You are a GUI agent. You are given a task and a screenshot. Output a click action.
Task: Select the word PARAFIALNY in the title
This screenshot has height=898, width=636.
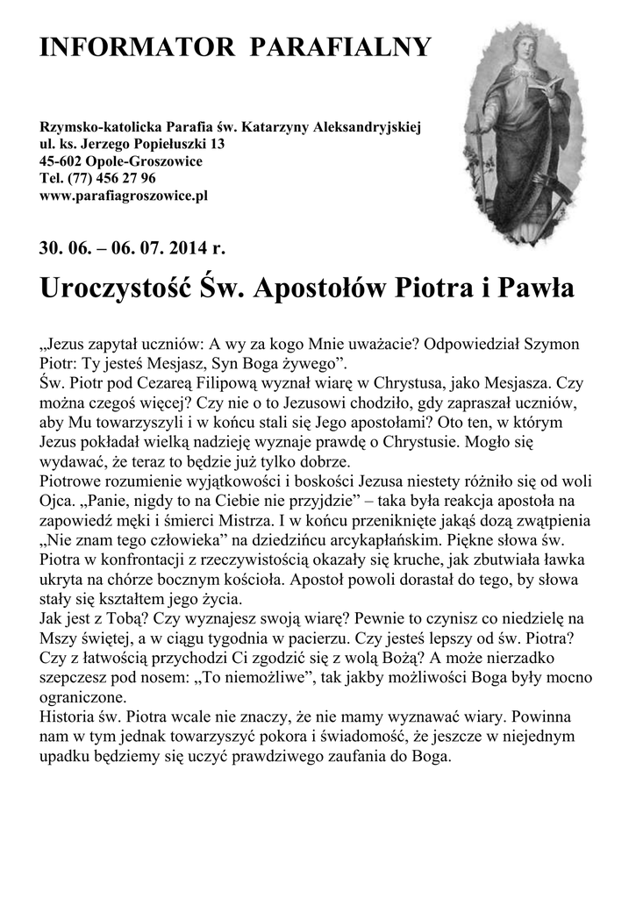pyautogui.click(x=341, y=47)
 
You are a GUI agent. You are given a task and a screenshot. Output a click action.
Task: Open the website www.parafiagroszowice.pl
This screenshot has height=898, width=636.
pyautogui.click(x=124, y=195)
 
